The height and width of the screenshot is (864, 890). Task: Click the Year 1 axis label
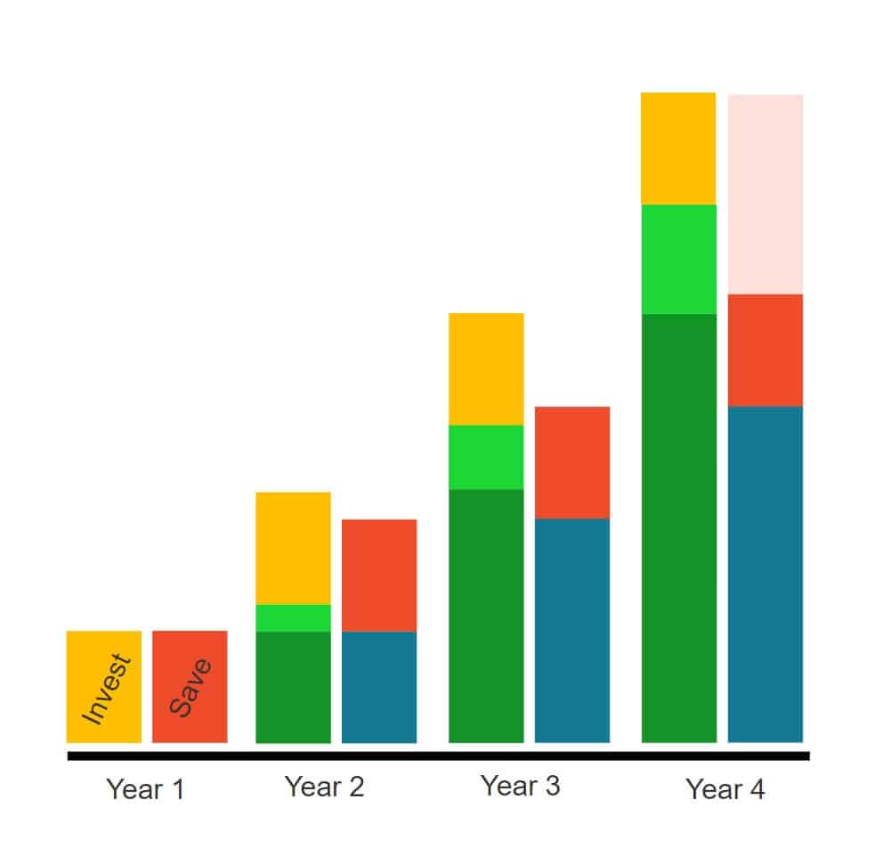point(145,789)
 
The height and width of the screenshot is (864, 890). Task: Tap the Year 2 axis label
point(324,787)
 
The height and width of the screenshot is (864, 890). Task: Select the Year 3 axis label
point(520,786)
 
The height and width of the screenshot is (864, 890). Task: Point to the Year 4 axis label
point(724,789)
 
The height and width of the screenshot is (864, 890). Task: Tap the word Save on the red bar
point(190,688)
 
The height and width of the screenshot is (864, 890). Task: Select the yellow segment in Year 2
point(293,548)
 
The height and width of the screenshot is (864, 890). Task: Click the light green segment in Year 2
point(293,618)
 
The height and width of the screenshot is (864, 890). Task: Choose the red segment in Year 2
point(379,575)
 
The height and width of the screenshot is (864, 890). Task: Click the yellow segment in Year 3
point(486,368)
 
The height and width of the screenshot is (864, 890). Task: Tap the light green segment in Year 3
point(486,457)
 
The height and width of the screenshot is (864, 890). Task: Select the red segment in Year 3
point(571,462)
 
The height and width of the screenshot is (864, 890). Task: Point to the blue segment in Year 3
point(571,630)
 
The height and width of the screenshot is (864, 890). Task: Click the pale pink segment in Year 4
point(765,194)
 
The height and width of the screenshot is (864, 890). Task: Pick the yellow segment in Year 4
point(678,149)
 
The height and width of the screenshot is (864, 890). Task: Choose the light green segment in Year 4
point(678,259)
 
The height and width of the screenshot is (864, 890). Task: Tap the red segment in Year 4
point(765,350)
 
